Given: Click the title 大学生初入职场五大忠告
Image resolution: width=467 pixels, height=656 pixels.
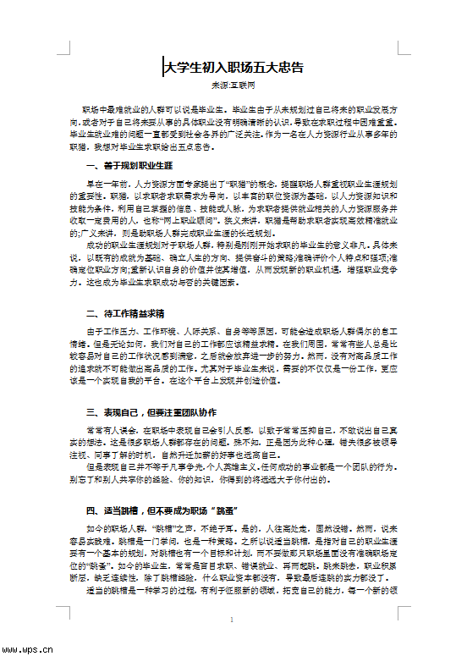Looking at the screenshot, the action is (x=233, y=67).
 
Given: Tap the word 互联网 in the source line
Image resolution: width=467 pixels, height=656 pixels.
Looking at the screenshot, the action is (x=244, y=86).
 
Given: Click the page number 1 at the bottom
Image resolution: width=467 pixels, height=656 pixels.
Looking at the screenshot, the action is (x=231, y=620).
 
